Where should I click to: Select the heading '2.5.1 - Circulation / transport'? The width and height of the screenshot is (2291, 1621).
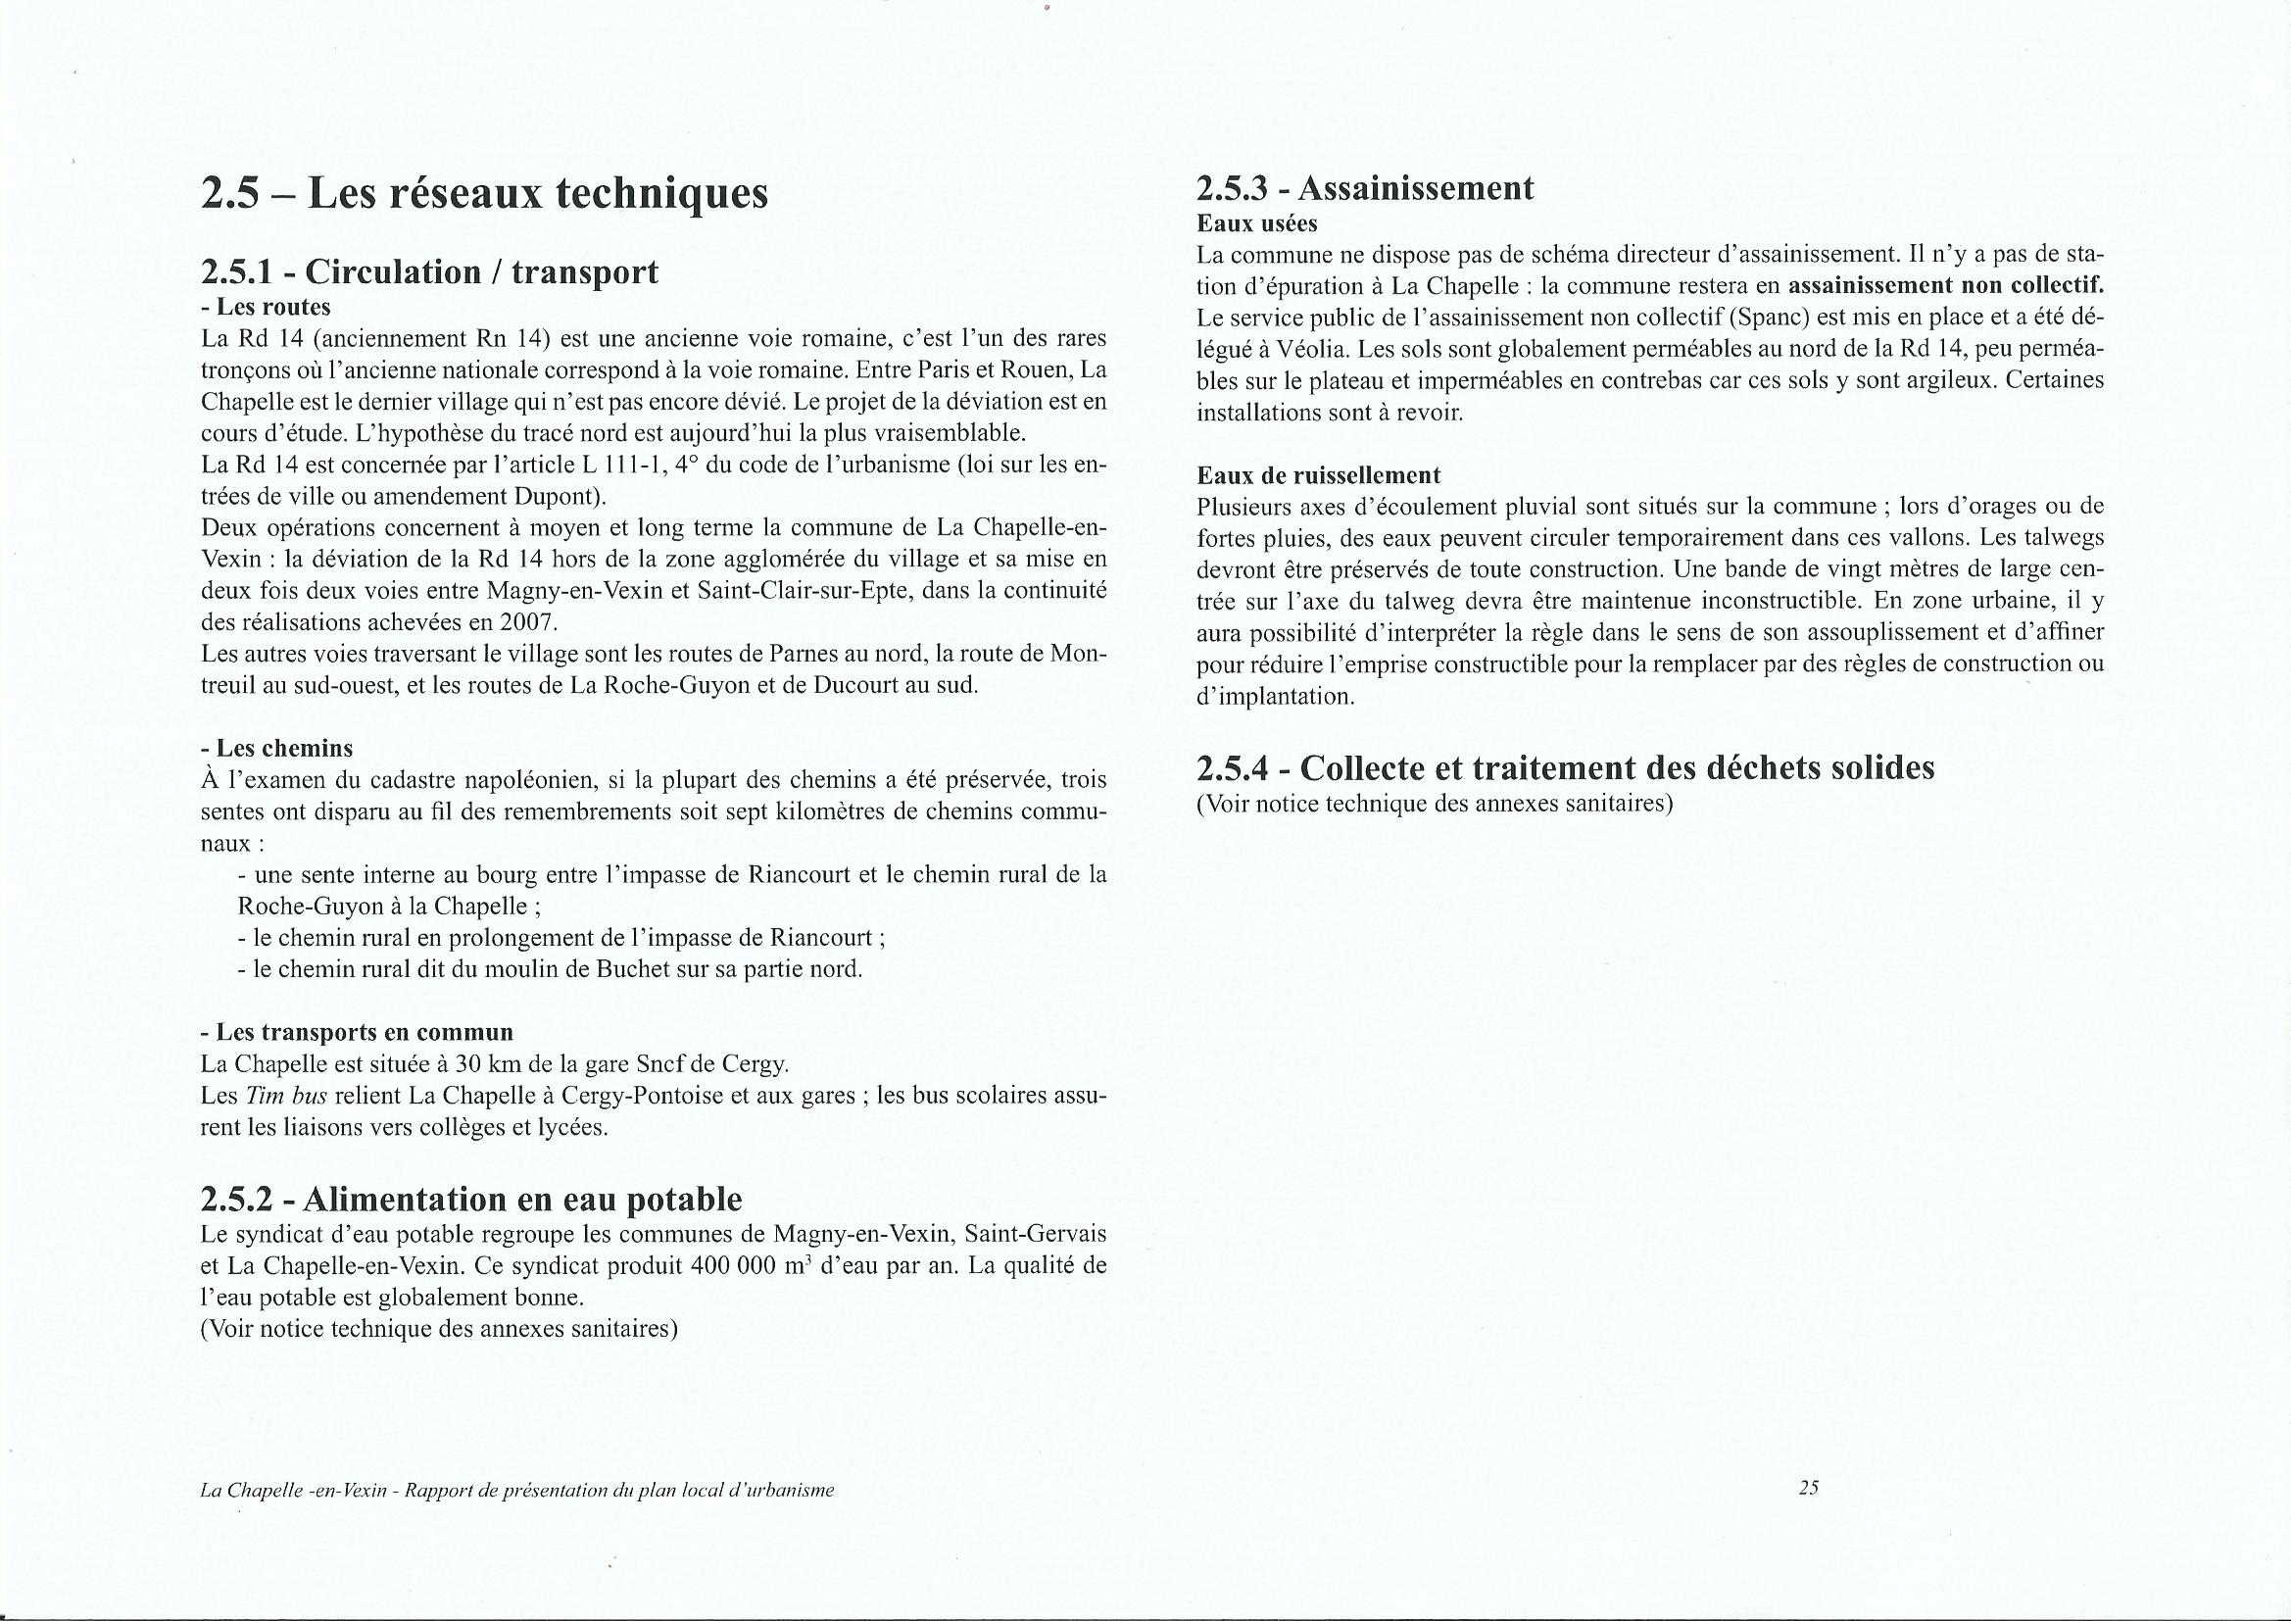point(429,271)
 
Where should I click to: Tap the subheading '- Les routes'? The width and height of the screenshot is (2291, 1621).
point(266,308)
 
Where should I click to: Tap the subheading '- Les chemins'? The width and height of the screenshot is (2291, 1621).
point(276,748)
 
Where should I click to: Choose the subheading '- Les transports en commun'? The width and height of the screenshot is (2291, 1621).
point(357,1032)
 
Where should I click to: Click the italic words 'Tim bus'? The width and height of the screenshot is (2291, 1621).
point(271,1096)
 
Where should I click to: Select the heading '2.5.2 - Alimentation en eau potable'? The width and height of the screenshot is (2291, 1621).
point(471,1199)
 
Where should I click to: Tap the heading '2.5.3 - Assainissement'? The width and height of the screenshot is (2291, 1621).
point(1365,188)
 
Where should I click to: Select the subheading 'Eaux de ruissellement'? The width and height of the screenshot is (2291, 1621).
point(1318,475)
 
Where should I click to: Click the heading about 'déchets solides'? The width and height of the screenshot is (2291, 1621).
point(1565,767)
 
